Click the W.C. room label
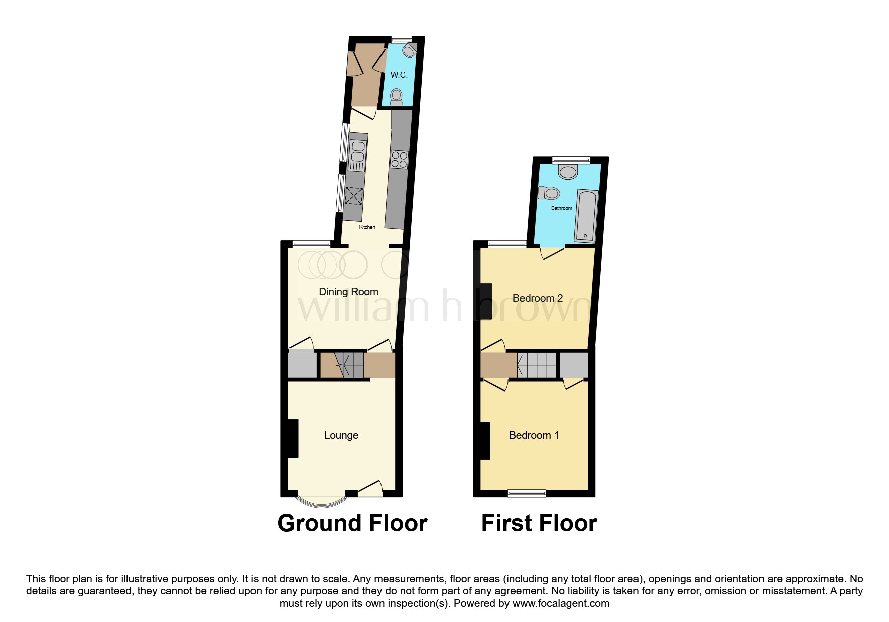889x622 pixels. coord(399,75)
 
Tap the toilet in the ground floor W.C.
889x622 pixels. coord(397,97)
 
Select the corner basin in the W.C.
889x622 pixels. coord(410,50)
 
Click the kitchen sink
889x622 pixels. coord(357,156)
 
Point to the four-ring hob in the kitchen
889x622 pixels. coord(399,160)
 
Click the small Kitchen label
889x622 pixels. coord(367,227)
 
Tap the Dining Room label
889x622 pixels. coord(348,292)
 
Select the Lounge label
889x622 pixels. coord(341,435)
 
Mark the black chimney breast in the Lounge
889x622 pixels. coord(292,438)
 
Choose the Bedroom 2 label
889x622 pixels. coord(538,298)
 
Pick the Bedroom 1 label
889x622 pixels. coord(534,435)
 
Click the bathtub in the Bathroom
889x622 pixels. coord(586,216)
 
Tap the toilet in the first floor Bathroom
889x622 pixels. coord(549,193)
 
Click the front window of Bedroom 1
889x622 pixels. coord(527,493)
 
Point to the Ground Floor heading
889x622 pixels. coord(352,523)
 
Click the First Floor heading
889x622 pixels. coord(539,523)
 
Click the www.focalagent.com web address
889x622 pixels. coord(561,603)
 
